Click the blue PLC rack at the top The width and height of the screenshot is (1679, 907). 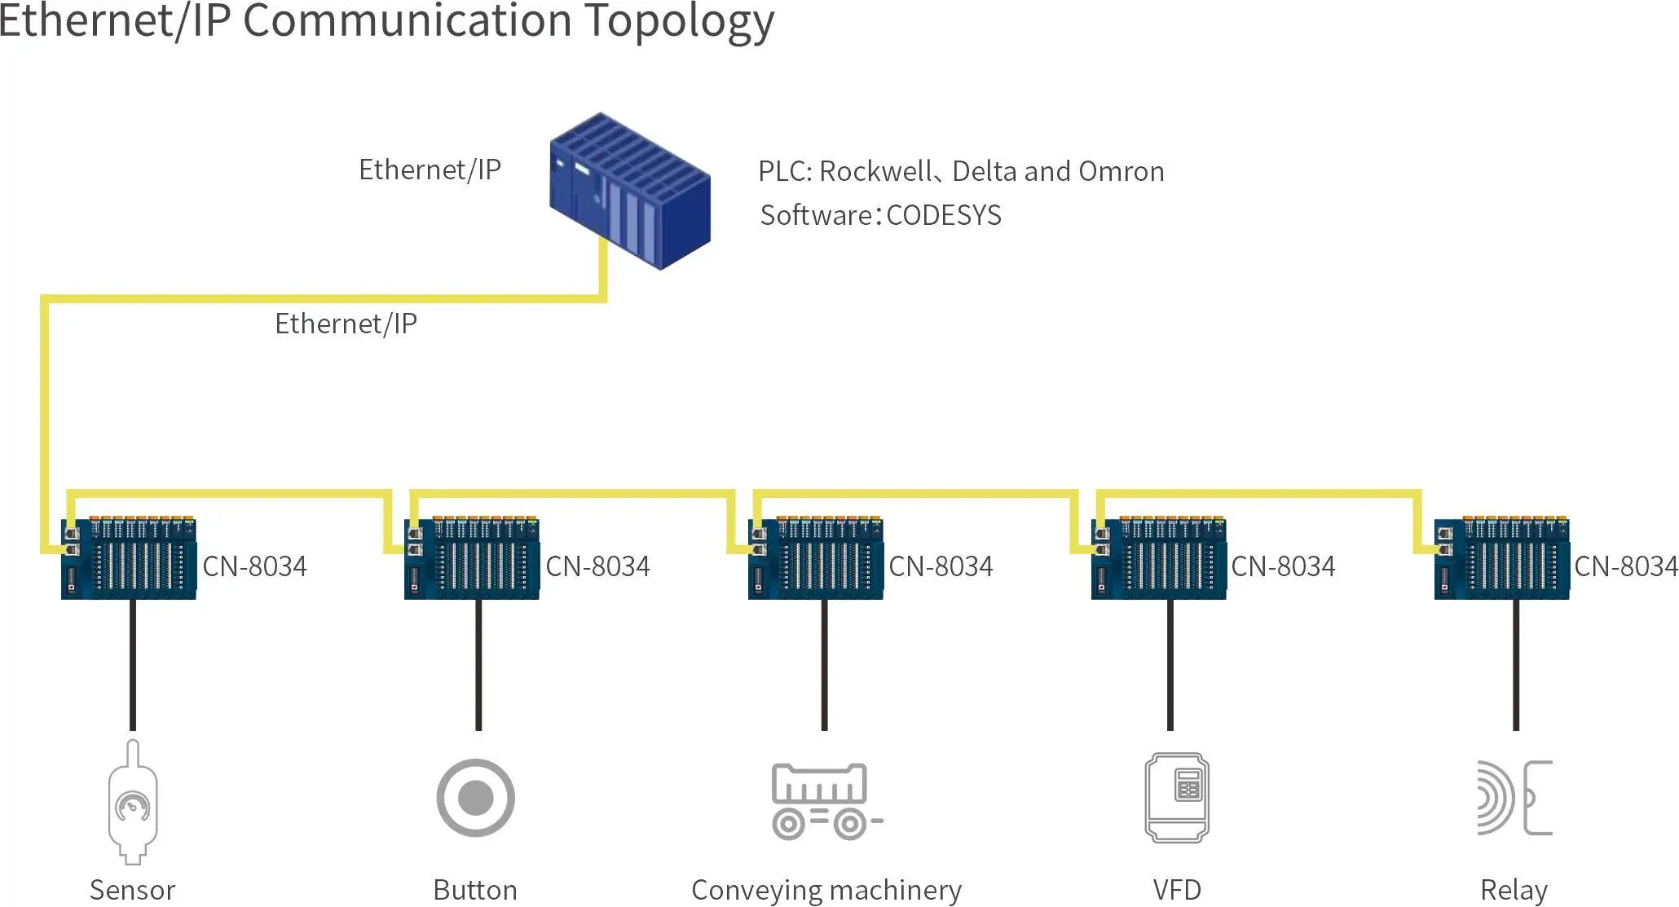[629, 191]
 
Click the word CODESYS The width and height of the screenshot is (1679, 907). [943, 215]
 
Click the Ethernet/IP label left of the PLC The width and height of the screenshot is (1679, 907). [430, 170]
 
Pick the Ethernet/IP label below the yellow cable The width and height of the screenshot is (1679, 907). [346, 324]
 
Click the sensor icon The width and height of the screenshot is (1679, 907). [133, 802]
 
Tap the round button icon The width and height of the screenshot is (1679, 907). [475, 798]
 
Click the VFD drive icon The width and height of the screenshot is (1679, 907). [1177, 798]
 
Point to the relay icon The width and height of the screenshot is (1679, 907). [1514, 798]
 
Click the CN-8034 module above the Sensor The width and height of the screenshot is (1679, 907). [129, 559]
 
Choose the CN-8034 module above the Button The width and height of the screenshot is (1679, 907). [472, 559]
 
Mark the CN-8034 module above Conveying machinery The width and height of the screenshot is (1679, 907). [816, 559]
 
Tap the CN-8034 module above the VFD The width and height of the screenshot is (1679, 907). [1159, 559]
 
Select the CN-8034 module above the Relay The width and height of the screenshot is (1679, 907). [1502, 559]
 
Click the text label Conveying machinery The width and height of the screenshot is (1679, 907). [826, 890]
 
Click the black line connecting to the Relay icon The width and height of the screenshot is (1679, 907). [1515, 665]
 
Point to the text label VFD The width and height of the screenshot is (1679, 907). [1177, 890]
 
